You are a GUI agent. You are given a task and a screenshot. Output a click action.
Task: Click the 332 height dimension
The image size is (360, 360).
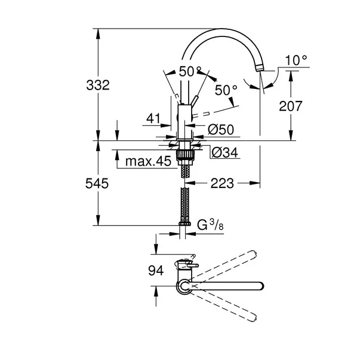point(98,85)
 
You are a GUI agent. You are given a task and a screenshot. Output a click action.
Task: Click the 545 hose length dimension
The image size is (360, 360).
point(97,184)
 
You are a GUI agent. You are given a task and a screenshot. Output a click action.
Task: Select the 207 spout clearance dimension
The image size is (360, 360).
point(290,106)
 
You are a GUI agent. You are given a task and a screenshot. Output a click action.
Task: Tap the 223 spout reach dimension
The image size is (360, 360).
point(222,183)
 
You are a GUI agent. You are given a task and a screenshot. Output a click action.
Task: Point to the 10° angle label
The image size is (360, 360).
point(296,61)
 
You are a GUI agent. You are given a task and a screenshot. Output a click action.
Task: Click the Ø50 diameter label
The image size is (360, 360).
point(221,130)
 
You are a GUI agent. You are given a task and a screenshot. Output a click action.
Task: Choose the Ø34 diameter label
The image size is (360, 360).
point(224,152)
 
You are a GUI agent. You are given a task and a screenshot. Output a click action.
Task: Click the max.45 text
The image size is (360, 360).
point(148,161)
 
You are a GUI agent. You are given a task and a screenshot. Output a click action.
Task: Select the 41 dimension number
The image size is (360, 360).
point(153,119)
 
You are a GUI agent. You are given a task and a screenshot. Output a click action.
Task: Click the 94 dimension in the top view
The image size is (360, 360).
point(156,270)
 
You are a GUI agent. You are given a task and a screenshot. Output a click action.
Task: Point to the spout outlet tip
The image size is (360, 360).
point(259,68)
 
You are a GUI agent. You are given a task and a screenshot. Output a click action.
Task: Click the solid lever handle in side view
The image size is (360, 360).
point(194,101)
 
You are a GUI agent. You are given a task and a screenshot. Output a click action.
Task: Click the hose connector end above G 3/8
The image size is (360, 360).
point(184,224)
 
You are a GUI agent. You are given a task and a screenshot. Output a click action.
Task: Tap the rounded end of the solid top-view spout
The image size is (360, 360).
point(261,286)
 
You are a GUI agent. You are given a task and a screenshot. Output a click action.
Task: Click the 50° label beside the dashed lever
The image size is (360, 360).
point(226,90)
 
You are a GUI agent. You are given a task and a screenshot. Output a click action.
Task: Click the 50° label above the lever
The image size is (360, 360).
point(190,72)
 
